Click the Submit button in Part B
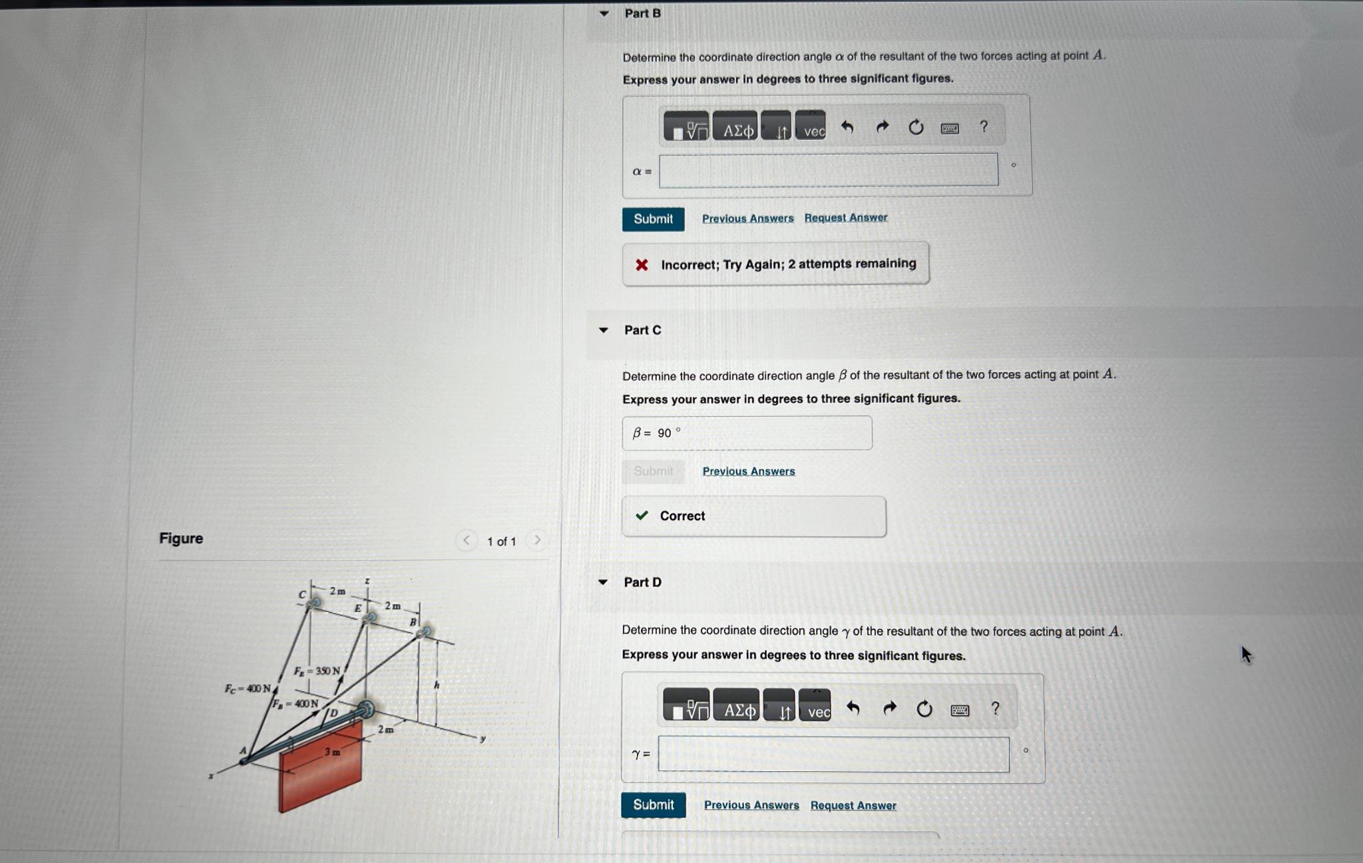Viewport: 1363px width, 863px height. coord(653,219)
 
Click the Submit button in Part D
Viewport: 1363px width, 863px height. coord(653,804)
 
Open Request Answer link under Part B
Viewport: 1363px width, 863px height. coord(845,218)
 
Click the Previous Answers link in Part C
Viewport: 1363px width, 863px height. coord(748,471)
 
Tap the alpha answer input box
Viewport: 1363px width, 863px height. coord(828,170)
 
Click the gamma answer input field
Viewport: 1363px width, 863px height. coord(833,754)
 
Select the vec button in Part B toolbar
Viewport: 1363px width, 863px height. coord(811,127)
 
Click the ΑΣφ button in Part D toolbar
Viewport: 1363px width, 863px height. coord(737,706)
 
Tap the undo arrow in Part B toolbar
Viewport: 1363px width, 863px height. coord(847,127)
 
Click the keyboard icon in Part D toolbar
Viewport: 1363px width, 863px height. coord(960,710)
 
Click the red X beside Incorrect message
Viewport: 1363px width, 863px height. coord(642,265)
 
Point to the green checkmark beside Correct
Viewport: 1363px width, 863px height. coord(642,515)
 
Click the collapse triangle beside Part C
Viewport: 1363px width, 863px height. coord(604,330)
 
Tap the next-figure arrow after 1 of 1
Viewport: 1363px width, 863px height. coord(537,540)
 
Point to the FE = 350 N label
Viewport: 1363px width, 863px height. coord(317,671)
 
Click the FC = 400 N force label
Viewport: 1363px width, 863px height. coord(248,689)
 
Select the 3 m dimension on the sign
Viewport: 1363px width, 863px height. coord(332,752)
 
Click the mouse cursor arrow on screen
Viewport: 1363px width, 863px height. coord(1246,654)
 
